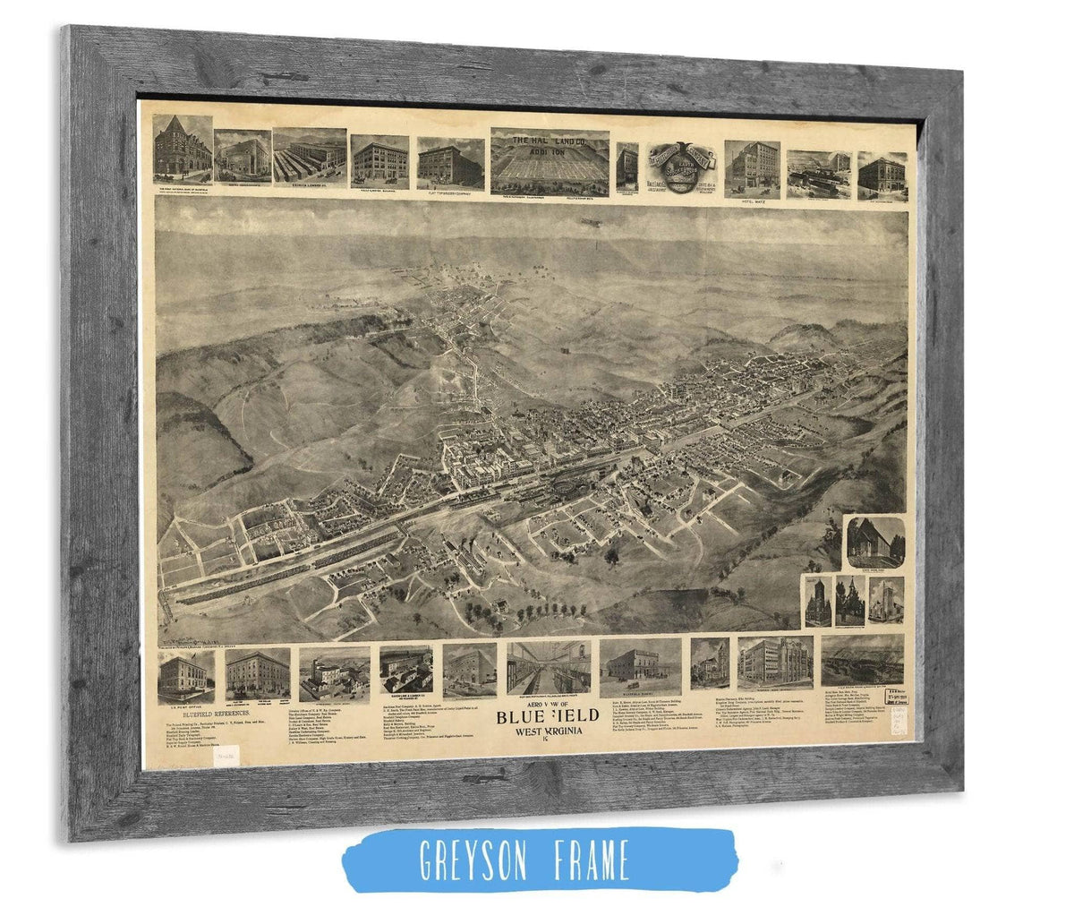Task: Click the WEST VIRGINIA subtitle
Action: (542, 738)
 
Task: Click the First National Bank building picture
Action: (182, 148)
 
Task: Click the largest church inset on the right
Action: (875, 543)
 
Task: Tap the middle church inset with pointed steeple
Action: (848, 601)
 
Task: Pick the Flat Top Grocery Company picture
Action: (450, 164)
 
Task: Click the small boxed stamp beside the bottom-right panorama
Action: (891, 695)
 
